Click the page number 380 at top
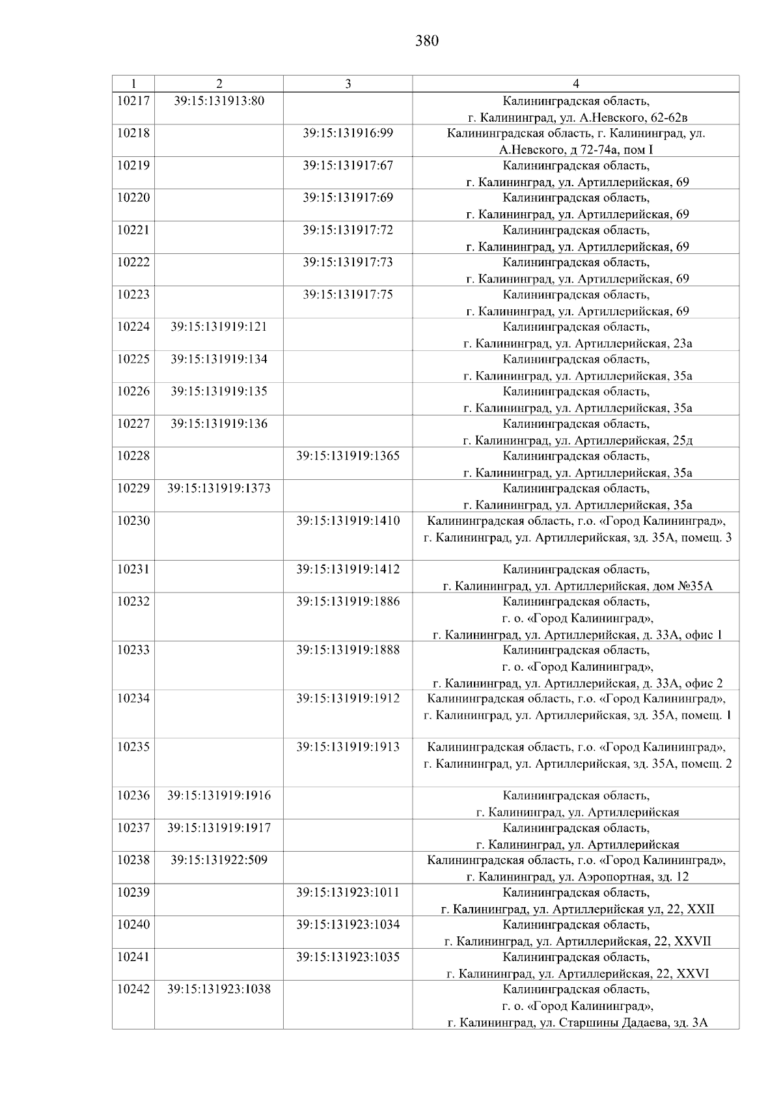pos(427,42)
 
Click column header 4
pos(575,83)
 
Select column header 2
pos(219,83)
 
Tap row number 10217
pos(133,101)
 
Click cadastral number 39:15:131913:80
pos(219,101)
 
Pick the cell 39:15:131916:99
pos(348,133)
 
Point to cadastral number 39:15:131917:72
pos(348,231)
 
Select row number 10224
pos(133,327)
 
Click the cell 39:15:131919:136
pos(219,424)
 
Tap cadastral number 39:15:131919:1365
pos(348,456)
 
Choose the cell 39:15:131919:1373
pos(219,488)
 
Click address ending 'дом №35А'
pos(577,586)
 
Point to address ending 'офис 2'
pos(577,683)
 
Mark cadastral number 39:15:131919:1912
pos(348,699)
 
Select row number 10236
pos(133,796)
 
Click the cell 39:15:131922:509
pos(219,860)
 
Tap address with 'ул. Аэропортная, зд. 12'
pos(577,876)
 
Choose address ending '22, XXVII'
pos(577,941)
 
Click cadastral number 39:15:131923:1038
pos(219,989)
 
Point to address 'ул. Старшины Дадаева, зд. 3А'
pos(577,1022)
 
